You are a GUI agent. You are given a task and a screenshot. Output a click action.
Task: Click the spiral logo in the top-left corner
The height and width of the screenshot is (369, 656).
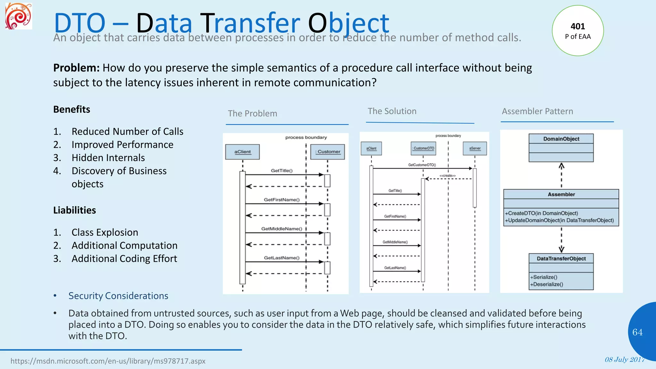point(19,16)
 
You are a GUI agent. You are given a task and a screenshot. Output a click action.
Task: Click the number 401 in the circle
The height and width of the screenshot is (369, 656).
point(578,26)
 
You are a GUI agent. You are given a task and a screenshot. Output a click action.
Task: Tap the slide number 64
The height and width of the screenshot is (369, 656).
point(637,332)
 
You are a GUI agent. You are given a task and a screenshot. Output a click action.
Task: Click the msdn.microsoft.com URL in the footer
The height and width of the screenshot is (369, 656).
point(108,361)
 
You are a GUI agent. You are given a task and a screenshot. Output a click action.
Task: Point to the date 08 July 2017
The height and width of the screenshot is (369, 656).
point(624,359)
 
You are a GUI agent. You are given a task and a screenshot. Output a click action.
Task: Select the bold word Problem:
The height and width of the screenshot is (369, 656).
point(76,68)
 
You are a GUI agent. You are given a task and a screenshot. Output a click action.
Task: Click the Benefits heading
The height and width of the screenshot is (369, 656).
point(71,109)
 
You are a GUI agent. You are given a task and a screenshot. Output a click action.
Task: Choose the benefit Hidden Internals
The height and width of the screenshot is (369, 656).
point(108,158)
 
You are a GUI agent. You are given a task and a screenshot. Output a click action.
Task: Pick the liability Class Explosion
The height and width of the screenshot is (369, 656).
point(105,232)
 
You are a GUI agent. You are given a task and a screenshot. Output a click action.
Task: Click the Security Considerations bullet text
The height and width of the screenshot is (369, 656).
point(118,296)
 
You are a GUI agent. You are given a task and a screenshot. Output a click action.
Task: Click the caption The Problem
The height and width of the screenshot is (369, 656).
point(252,113)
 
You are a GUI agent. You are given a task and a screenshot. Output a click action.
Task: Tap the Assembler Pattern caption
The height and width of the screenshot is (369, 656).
point(537,111)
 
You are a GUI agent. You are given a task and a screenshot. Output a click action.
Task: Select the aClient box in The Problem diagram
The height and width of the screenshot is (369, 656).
point(242,152)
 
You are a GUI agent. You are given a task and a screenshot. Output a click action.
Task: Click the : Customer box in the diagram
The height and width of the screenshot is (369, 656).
point(328,152)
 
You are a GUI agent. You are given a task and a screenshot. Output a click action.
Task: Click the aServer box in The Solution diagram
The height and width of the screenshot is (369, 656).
point(475,149)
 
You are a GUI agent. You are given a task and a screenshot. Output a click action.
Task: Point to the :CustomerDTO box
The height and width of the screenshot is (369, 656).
point(423,149)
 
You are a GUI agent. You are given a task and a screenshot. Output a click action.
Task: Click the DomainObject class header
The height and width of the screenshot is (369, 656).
point(561,139)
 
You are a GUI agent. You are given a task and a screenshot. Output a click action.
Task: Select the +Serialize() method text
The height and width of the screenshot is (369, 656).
point(544,277)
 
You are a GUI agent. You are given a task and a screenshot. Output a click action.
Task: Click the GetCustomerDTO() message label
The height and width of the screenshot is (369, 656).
point(422,165)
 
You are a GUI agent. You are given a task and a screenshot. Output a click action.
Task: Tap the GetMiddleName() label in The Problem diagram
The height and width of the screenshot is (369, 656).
point(282,229)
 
